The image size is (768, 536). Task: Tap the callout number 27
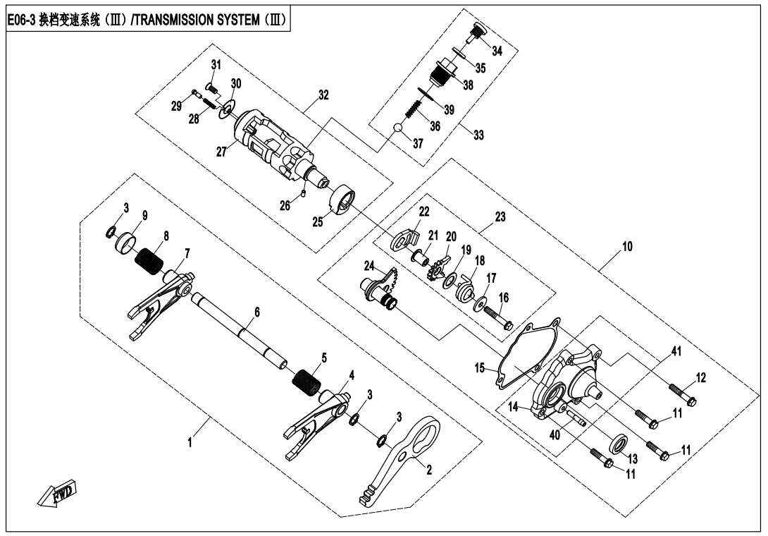pyautogui.click(x=221, y=152)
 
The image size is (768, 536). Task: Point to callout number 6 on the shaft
pyautogui.click(x=257, y=311)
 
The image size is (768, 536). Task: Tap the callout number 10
pyautogui.click(x=627, y=247)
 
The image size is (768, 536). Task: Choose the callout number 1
pyautogui.click(x=188, y=445)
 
